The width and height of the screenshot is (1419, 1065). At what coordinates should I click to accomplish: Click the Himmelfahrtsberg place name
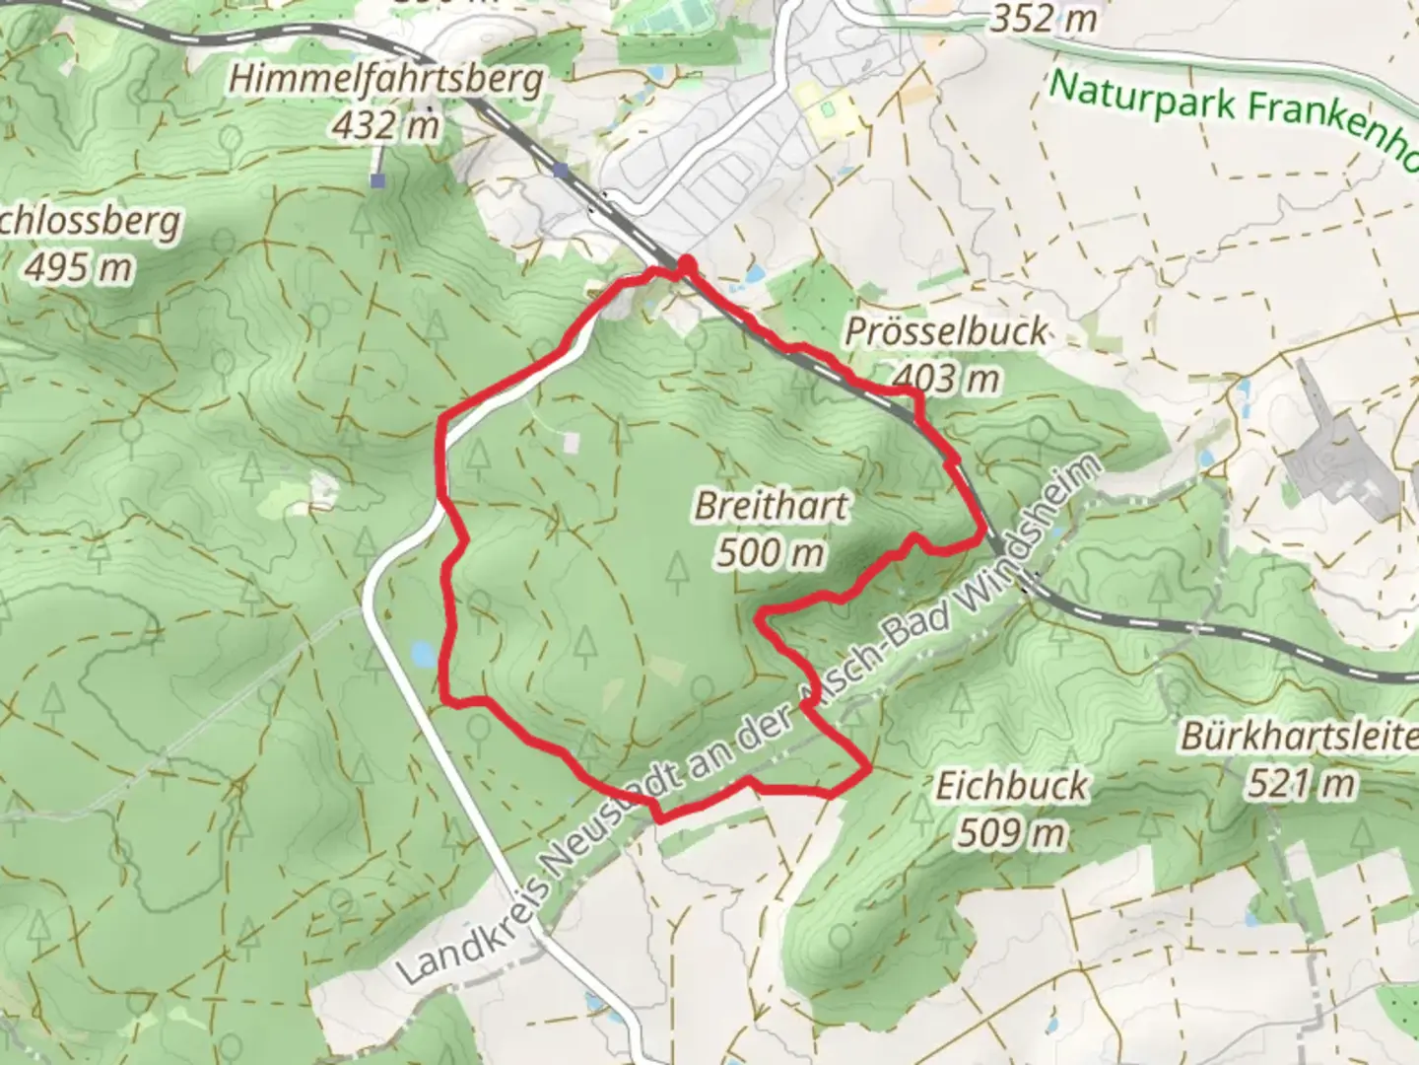[x=385, y=79]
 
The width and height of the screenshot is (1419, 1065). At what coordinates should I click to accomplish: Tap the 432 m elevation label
[x=385, y=125]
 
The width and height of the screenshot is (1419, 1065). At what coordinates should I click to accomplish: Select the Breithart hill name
[x=772, y=506]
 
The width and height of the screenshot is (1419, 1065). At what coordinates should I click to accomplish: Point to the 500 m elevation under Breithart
[x=770, y=552]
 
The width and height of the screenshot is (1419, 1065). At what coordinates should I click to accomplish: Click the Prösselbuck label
[x=946, y=331]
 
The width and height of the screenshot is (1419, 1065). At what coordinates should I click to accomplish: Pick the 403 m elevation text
[x=946, y=377]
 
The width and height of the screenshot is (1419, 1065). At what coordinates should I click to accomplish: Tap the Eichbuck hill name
[x=1011, y=786]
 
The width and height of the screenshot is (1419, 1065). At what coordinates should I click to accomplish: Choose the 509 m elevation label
[x=1011, y=833]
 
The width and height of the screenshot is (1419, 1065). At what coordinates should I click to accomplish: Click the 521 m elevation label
[x=1301, y=784]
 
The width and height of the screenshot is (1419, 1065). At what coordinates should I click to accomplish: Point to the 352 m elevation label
[x=1043, y=18]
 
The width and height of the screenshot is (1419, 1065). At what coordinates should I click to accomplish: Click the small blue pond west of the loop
[x=423, y=653]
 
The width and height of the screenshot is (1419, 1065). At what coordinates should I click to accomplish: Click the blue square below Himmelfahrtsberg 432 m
[x=377, y=180]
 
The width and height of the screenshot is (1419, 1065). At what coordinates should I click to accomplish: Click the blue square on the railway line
[x=561, y=171]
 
